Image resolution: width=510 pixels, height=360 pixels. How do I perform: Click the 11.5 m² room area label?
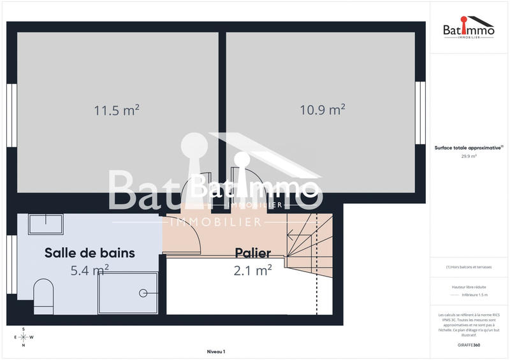[x=117, y=110]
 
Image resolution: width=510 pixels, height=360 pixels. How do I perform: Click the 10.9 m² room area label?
[x=323, y=110]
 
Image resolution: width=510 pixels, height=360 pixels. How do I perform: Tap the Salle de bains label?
[x=90, y=253]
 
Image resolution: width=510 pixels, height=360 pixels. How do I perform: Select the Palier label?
[x=252, y=253]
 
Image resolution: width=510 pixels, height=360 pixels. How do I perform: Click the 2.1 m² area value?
[x=252, y=270]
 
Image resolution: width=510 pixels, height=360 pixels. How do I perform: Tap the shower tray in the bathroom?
[x=127, y=292]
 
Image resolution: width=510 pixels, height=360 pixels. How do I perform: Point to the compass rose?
[x=24, y=337]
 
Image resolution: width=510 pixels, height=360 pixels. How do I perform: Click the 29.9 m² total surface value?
[x=469, y=155]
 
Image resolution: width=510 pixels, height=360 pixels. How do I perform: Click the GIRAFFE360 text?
[x=469, y=344]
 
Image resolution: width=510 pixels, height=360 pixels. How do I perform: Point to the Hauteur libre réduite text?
[x=469, y=287]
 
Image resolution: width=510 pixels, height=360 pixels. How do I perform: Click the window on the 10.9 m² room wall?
[x=420, y=113]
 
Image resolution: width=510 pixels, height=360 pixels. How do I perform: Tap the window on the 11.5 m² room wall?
[x=11, y=113]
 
